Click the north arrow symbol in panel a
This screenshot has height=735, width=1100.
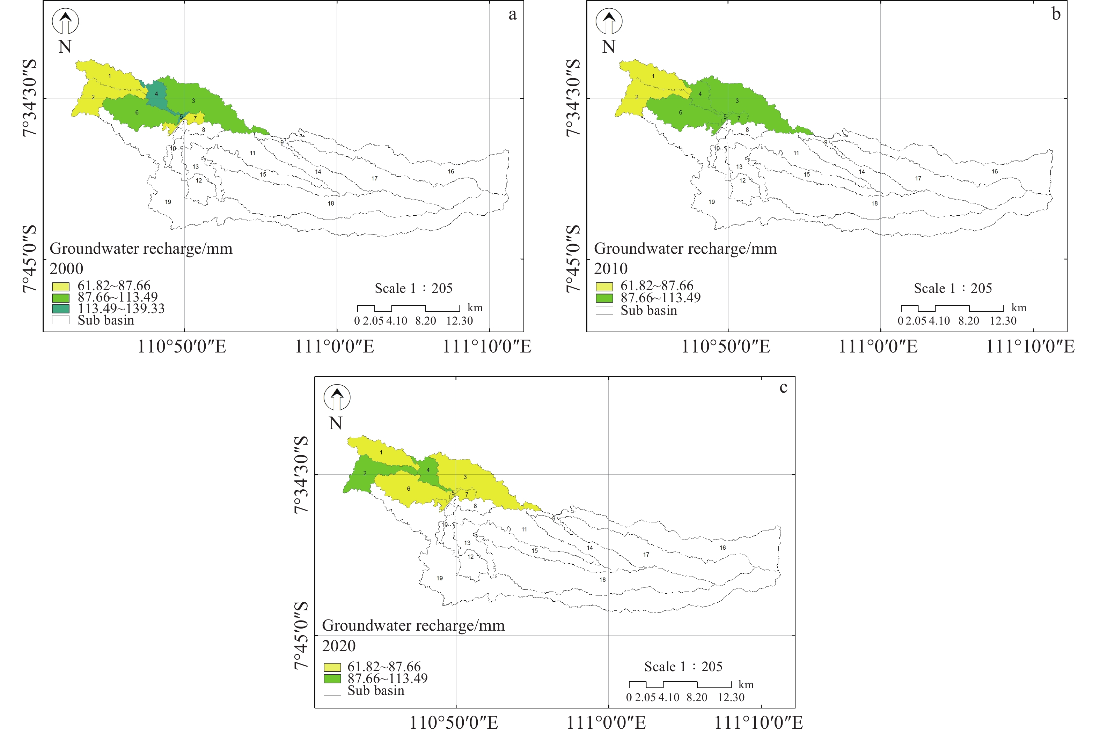[x=65, y=22]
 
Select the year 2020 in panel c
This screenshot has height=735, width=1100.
[x=338, y=646]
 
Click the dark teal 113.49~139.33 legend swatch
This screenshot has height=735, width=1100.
[x=60, y=309]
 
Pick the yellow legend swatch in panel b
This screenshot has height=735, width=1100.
[x=604, y=287]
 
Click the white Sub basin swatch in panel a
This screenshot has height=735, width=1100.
[x=60, y=320]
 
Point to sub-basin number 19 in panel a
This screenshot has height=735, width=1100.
[x=168, y=202]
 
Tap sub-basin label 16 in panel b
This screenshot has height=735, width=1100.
[x=995, y=172]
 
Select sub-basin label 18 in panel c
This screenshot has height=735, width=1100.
[x=602, y=580]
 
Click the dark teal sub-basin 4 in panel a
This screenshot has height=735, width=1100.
[x=156, y=94]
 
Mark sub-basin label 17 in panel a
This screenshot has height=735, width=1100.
[x=374, y=179]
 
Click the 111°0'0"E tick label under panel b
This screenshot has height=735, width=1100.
[x=878, y=347]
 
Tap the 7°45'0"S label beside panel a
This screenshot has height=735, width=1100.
[x=29, y=259]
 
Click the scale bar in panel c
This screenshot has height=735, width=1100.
[x=680, y=685]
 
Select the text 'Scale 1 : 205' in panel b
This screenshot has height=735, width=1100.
[x=953, y=288]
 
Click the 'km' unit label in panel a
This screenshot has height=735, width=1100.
[x=475, y=308]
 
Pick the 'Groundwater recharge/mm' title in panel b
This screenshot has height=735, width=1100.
[x=685, y=248]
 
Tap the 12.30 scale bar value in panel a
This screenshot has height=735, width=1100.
[x=460, y=321]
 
